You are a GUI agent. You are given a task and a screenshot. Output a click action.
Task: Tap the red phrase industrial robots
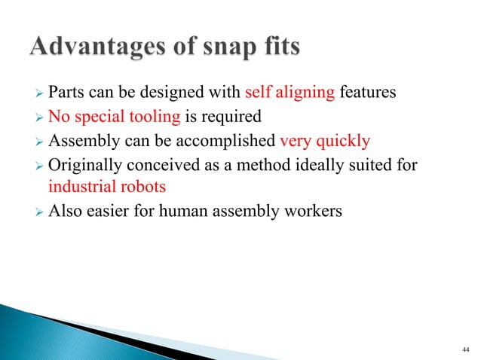click(x=97, y=185)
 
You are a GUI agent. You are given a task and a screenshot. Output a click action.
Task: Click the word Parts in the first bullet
click(x=65, y=93)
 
